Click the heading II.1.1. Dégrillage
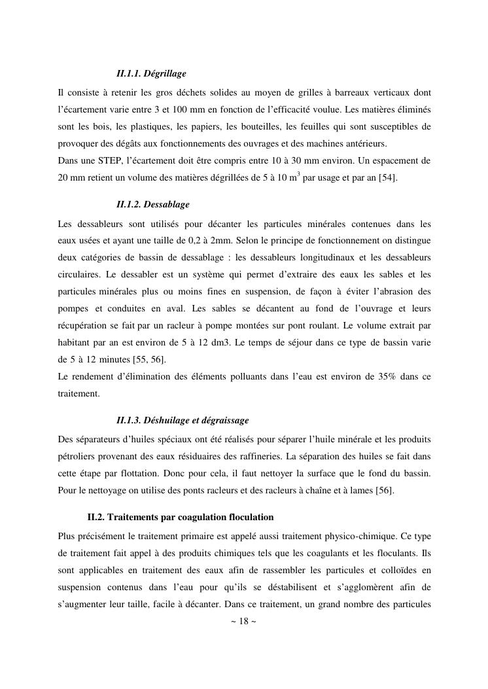pos(151,73)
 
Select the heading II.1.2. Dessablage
pos(152,205)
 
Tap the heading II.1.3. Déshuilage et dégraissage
pos(182,419)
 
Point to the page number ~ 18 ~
pos(243,621)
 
